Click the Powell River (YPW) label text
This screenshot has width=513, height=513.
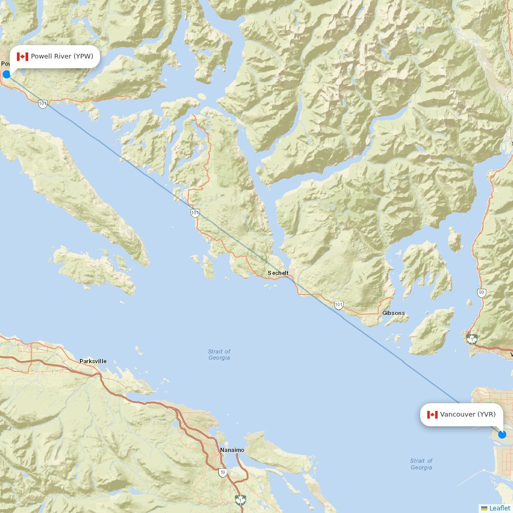click(x=62, y=56)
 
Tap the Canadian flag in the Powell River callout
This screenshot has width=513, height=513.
click(x=22, y=56)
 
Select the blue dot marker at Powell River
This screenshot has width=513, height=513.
click(x=6, y=74)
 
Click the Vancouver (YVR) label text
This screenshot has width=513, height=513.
click(x=467, y=415)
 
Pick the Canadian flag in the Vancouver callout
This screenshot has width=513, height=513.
click(x=432, y=415)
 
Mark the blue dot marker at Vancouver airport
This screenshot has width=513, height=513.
click(x=502, y=435)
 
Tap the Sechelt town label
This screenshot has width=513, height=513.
click(x=278, y=273)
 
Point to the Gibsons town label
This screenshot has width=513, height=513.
click(x=393, y=313)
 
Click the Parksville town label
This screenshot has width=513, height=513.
click(x=93, y=361)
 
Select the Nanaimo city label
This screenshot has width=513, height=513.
click(x=232, y=450)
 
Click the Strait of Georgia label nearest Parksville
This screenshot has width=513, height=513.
click(x=219, y=354)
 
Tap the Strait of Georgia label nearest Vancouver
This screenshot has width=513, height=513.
click(x=421, y=464)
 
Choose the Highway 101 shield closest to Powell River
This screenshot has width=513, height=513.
click(x=43, y=104)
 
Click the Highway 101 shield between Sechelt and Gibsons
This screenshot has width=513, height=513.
click(x=339, y=305)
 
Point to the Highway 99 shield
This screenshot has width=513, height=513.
click(x=481, y=293)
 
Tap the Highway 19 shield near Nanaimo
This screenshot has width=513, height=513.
click(x=222, y=472)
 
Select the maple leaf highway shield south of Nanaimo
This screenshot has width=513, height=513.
click(x=240, y=500)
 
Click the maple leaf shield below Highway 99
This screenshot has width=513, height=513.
click(x=472, y=339)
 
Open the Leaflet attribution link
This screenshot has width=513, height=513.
click(x=500, y=508)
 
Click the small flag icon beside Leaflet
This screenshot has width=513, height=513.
click(x=484, y=508)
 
